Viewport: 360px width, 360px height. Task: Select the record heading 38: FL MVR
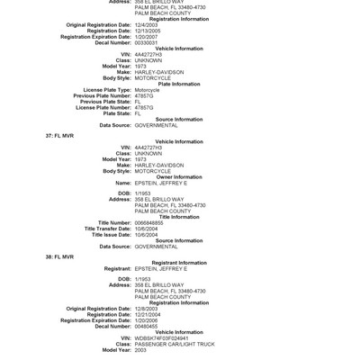click(59, 256)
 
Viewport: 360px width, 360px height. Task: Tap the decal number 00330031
click(147, 41)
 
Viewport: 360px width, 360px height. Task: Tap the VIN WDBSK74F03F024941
click(162, 337)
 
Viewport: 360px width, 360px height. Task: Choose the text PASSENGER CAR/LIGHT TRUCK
click(175, 344)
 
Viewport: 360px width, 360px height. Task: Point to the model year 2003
click(140, 349)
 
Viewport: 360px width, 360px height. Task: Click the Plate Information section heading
click(178, 84)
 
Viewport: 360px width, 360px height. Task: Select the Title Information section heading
click(178, 216)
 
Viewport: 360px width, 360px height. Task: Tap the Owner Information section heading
click(178, 176)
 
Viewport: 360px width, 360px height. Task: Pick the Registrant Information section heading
click(178, 262)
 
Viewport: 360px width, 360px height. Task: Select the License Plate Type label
click(106, 90)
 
